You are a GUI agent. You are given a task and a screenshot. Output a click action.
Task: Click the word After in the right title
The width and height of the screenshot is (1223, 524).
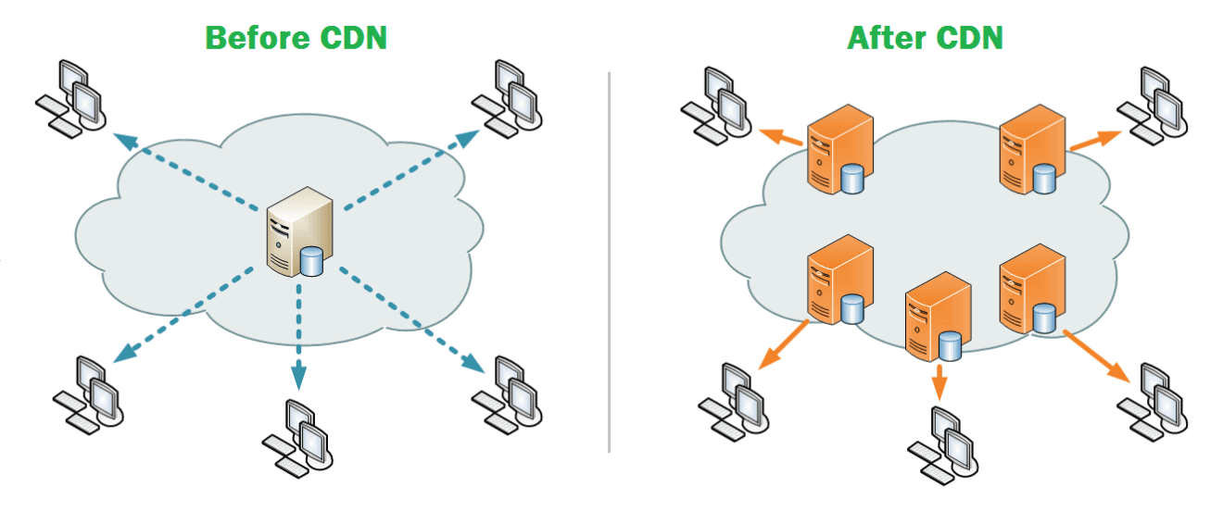tap(884, 38)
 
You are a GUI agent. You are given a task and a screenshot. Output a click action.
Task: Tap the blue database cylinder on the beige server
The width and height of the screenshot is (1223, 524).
tap(312, 262)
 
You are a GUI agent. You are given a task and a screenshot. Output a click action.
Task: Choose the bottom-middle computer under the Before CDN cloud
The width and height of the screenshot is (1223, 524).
tap(299, 435)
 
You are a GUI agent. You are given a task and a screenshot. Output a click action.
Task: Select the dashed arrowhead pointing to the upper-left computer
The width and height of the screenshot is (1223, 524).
tap(122, 140)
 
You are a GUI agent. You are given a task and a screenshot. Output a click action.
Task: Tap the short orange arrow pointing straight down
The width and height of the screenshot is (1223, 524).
tap(939, 381)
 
